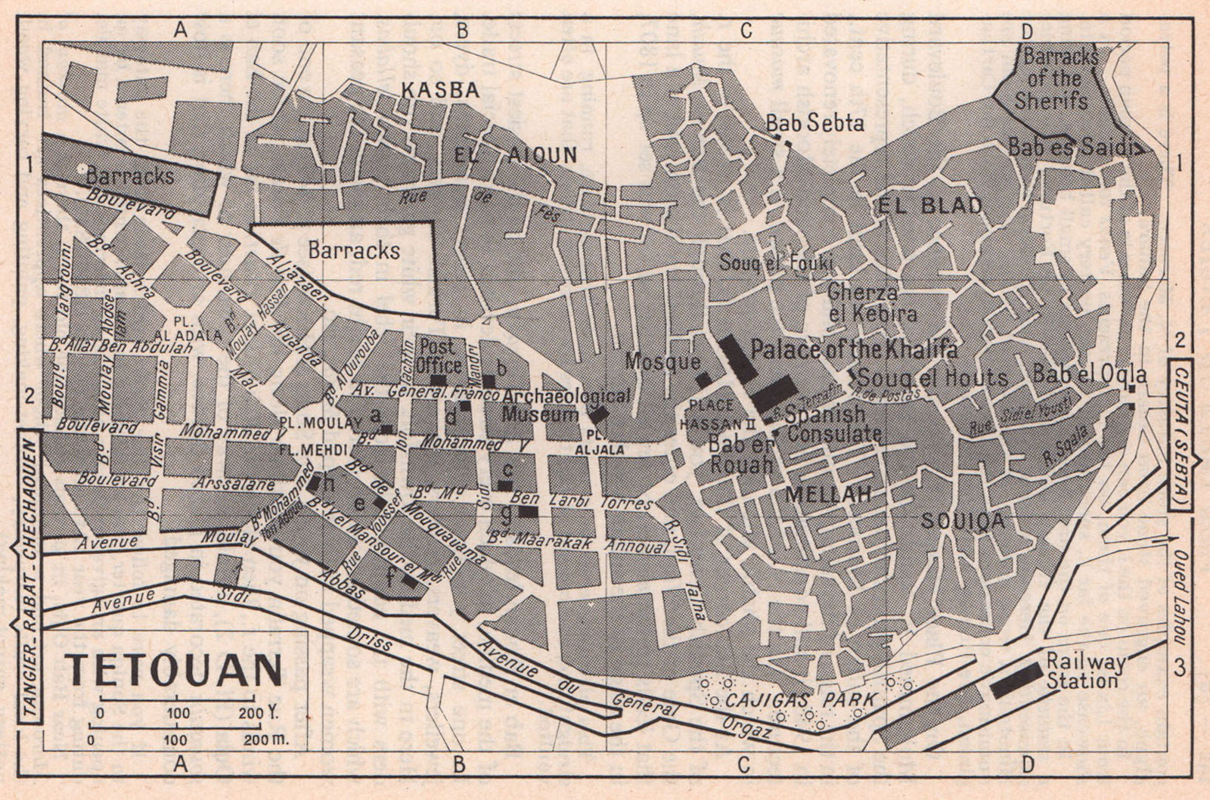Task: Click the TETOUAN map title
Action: click(x=174, y=670)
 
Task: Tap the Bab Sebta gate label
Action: click(x=814, y=122)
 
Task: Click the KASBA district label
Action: click(x=439, y=90)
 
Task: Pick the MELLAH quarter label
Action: click(x=829, y=495)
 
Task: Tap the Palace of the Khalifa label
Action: click(x=854, y=349)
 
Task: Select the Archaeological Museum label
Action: click(x=556, y=405)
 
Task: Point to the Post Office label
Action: click(x=439, y=356)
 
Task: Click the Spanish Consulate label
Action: click(x=833, y=424)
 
